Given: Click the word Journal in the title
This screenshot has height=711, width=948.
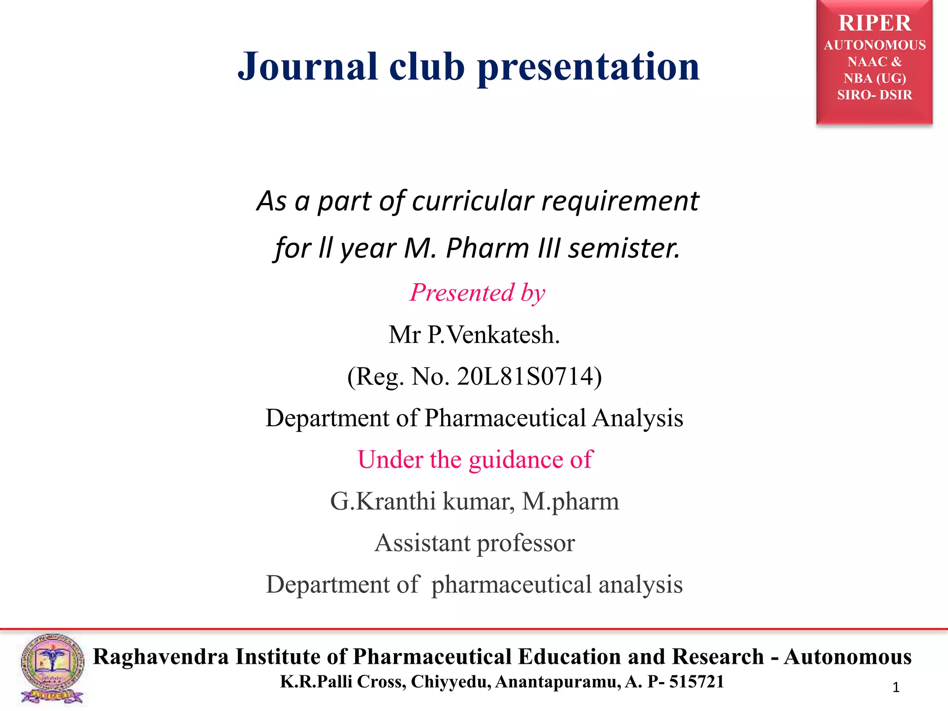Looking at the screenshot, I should [x=307, y=67].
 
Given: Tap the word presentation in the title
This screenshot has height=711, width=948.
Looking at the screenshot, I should [x=588, y=68].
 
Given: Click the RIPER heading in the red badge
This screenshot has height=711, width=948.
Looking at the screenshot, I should [x=874, y=23].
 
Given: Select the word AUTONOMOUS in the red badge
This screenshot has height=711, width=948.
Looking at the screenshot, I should [x=874, y=45].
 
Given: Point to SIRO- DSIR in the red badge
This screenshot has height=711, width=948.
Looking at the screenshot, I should [x=874, y=95].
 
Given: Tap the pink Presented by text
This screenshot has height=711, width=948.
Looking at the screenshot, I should [x=477, y=293].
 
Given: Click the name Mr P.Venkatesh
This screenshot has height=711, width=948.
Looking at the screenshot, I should [x=474, y=335].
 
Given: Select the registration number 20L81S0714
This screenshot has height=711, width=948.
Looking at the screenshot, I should [x=525, y=376].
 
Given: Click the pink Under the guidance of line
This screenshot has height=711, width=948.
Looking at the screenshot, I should [x=475, y=460].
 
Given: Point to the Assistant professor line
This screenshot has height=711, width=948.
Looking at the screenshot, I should [x=474, y=543].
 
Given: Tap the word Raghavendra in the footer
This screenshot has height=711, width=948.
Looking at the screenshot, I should [x=161, y=657].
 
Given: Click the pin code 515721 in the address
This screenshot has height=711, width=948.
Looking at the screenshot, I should [x=696, y=682].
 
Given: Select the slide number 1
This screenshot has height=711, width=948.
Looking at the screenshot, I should [x=896, y=687].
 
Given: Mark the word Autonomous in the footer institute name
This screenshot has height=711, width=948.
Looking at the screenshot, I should [x=848, y=657].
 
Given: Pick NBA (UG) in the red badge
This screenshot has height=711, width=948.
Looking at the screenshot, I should [x=874, y=78].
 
